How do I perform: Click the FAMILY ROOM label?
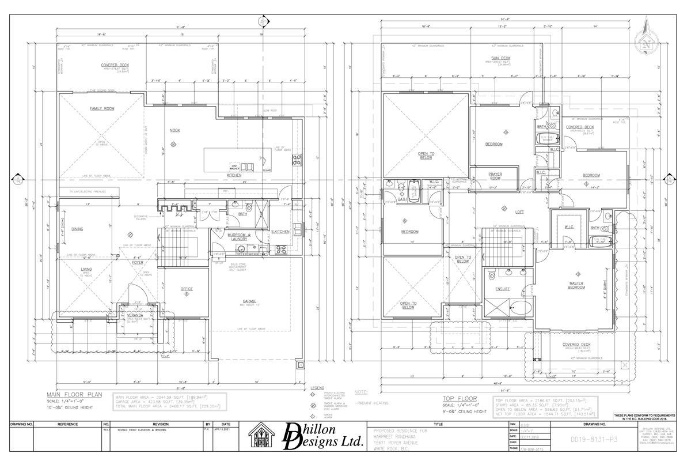[101, 108]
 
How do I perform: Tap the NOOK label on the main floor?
[175, 130]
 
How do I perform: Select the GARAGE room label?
[250, 301]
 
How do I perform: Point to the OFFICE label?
[186, 289]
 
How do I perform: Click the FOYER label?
[138, 262]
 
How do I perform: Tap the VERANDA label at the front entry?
[135, 315]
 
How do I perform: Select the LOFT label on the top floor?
[519, 212]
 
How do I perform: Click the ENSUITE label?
[501, 289]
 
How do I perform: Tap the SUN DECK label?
[500, 58]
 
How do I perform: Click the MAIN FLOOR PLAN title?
[73, 395]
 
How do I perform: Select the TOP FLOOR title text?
[460, 398]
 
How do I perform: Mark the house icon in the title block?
[263, 437]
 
